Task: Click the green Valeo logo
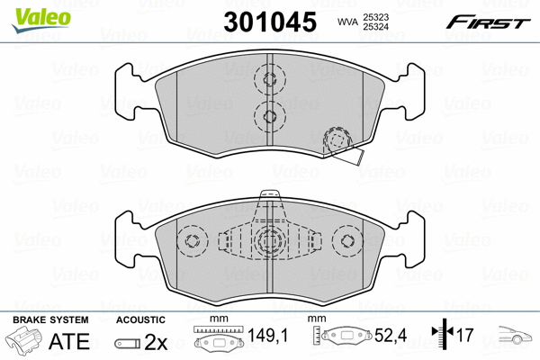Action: pyautogui.click(x=41, y=20)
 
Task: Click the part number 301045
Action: pyautogui.click(x=270, y=22)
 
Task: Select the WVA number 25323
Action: pyautogui.click(x=375, y=17)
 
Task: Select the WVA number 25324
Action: pyautogui.click(x=375, y=26)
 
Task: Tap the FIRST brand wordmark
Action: pyautogui.click(x=488, y=22)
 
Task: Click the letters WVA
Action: pyautogui.click(x=348, y=22)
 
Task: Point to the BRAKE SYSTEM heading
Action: pyautogui.click(x=50, y=319)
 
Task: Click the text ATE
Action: pyautogui.click(x=69, y=341)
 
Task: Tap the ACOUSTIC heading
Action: pyautogui.click(x=140, y=319)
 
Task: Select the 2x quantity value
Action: pyautogui.click(x=156, y=342)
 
